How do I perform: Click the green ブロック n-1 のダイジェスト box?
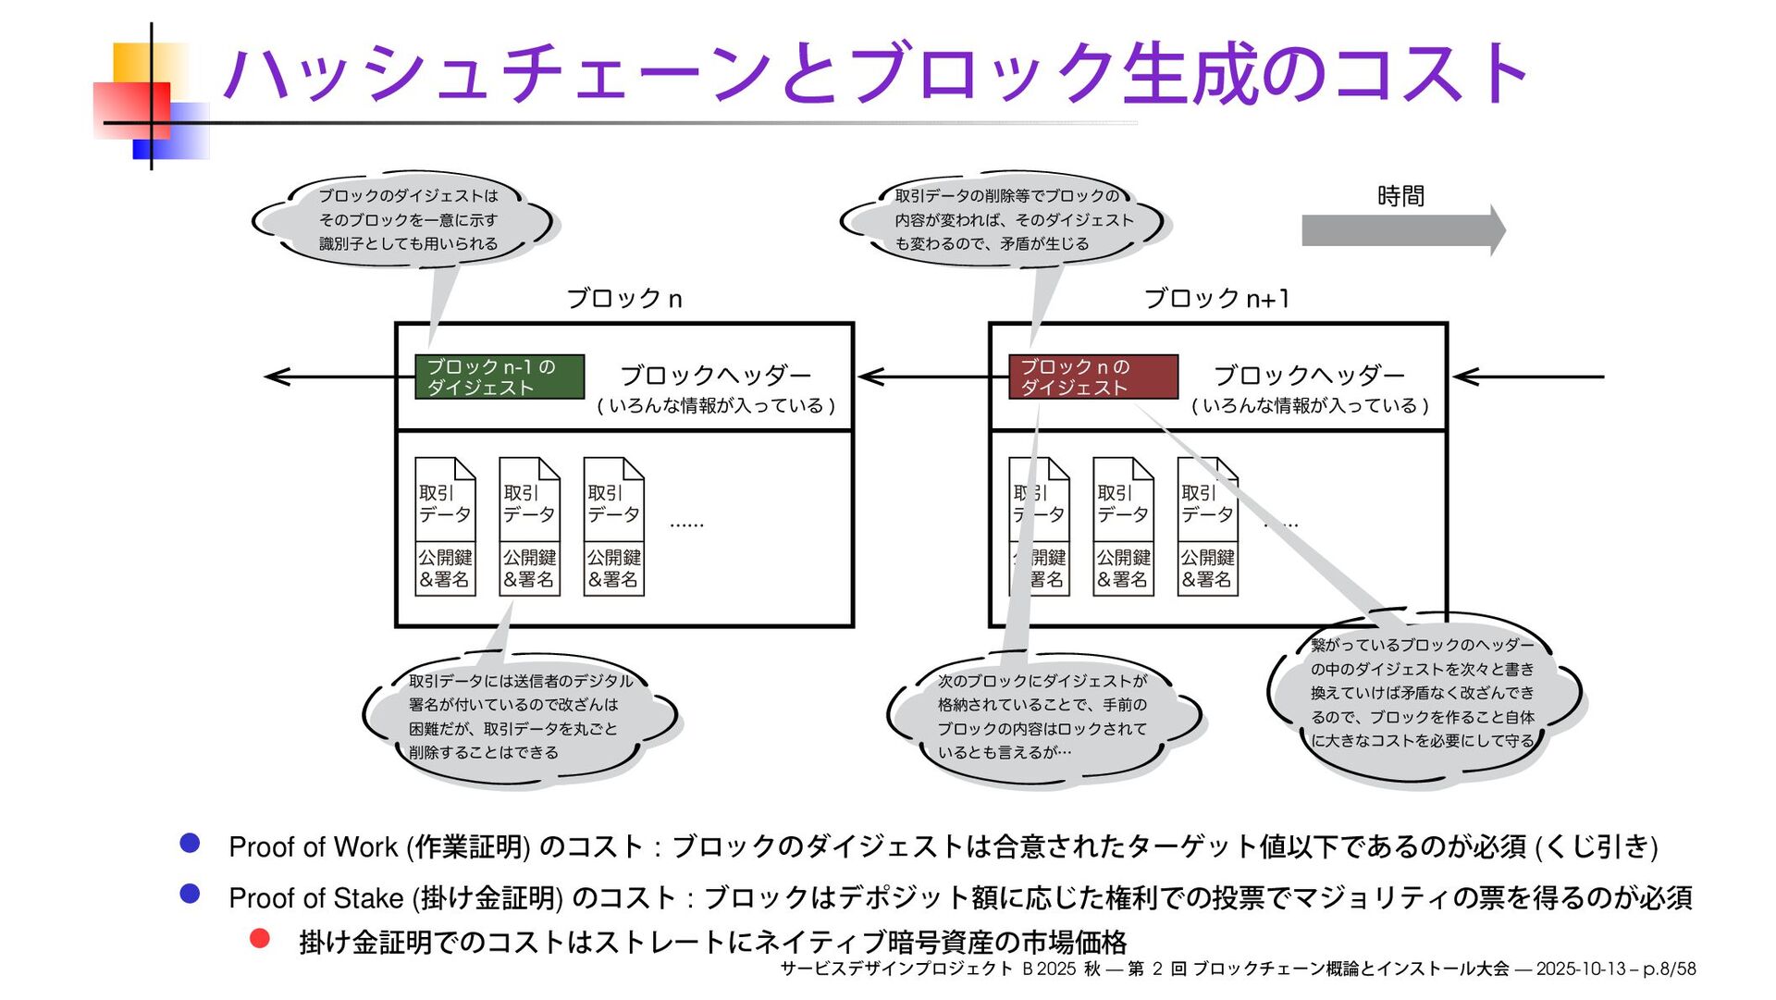499,377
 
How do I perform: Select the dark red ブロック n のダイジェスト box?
1093,377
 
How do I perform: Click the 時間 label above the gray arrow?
1400,196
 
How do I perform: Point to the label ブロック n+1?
1216,299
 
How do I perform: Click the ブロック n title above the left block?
624,299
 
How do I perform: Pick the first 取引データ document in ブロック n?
445,525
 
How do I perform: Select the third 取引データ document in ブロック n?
613,525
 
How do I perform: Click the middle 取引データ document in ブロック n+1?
1123,525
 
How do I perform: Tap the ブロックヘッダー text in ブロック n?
715,376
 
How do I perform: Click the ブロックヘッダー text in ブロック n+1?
1309,376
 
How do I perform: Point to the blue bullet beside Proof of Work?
191,843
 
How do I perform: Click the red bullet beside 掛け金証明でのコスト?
260,939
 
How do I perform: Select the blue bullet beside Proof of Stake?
191,894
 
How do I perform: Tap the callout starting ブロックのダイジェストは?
408,220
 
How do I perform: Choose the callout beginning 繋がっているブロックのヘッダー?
1422,693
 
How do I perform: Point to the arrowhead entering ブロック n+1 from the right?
1463,377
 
